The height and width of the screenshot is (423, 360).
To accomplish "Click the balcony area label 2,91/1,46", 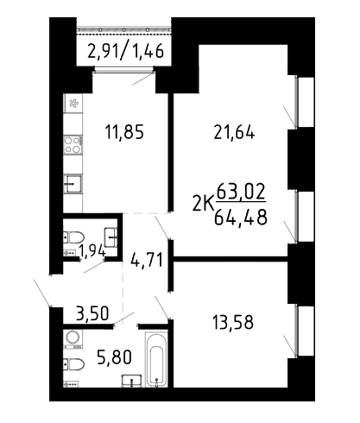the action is coord(125,51).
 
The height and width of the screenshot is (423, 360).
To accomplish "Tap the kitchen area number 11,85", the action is coord(124,132).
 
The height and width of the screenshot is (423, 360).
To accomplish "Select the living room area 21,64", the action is coord(234,133).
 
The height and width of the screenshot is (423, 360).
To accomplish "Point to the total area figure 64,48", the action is coord(241,218).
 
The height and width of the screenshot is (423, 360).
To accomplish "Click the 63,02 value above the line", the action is coord(241,192).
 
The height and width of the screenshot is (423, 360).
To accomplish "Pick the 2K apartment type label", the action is coord(204,204).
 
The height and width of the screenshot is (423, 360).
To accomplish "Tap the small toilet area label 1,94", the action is coord(92,251).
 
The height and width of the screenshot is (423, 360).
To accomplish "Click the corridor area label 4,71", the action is coord(147,260).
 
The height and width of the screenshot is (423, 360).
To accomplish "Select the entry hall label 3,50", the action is coord(92,313).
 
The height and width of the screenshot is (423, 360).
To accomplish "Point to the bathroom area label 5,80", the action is coord(115,357).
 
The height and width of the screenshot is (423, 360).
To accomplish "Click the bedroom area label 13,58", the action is coord(232,323).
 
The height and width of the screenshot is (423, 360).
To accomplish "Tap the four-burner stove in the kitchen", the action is coord(73,144).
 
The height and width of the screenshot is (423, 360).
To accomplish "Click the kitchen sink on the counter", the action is coord(73,183).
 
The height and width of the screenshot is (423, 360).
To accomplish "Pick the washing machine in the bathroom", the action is coord(73,338).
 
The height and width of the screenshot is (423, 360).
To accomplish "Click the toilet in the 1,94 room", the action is coord(73,237).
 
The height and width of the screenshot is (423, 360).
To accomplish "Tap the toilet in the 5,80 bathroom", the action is coord(73,364).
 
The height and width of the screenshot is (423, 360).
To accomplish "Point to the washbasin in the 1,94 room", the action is coord(111,237).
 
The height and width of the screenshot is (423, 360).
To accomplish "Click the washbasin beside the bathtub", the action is coord(132,380).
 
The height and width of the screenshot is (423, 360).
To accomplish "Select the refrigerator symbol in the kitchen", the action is coord(73,103).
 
